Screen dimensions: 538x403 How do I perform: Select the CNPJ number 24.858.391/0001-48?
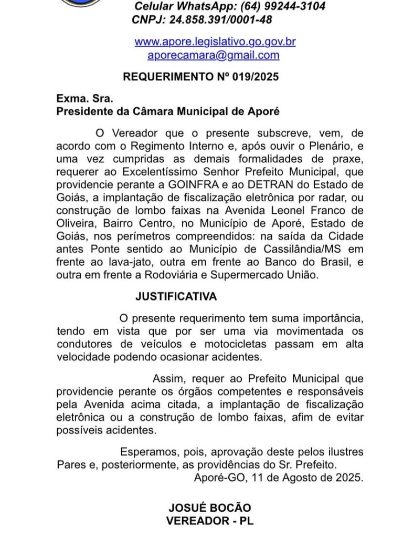220,19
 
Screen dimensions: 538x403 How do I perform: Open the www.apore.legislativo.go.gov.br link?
215,41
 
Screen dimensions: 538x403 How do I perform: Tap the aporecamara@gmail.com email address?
214,55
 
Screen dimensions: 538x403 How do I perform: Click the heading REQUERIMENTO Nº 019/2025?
201,77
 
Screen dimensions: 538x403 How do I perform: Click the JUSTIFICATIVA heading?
176,297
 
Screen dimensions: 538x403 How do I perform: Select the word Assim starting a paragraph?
168,378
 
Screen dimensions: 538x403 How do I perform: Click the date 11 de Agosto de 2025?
307,478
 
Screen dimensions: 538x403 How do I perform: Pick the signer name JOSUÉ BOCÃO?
210,508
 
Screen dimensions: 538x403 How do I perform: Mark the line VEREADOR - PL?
210,521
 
